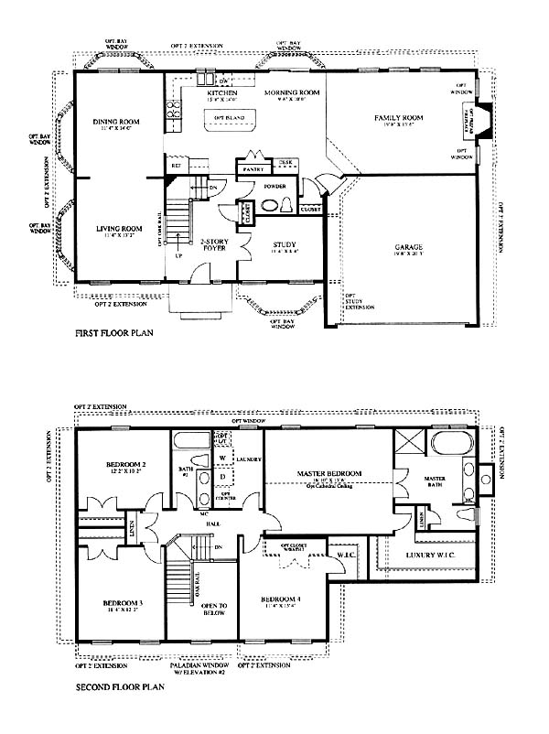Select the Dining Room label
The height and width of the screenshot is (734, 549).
[x=115, y=121]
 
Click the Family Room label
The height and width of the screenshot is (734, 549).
[x=397, y=118]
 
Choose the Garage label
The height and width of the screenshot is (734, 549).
[x=408, y=247]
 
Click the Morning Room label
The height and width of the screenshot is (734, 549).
[x=291, y=93]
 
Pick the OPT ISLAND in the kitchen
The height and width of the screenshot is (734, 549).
[x=228, y=118]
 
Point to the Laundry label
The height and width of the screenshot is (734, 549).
[x=249, y=459]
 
